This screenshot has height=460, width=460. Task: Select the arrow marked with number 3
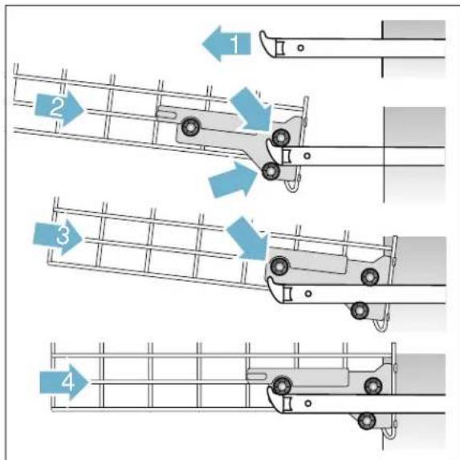[55, 236]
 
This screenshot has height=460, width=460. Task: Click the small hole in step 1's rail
[299, 47]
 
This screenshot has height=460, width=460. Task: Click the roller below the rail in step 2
[271, 171]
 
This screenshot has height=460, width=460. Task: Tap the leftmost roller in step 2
[191, 127]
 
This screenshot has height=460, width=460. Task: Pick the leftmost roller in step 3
[280, 266]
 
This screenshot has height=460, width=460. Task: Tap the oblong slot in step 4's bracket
[258, 373]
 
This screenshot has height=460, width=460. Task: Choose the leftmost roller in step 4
[280, 384]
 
